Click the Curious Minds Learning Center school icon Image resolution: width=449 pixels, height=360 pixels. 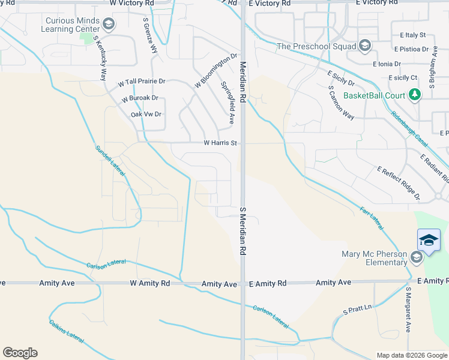(109, 25)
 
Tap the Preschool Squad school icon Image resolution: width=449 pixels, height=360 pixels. (364, 46)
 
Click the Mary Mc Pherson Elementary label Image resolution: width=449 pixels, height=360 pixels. (375, 258)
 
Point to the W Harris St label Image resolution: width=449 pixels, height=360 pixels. (221, 143)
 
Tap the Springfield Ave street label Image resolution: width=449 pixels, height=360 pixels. (228, 103)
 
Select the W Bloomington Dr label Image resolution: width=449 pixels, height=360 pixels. (215, 71)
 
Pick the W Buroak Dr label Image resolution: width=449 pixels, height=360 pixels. (139, 98)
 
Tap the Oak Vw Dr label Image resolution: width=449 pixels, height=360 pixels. (146, 114)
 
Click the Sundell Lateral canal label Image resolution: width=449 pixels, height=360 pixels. (110, 161)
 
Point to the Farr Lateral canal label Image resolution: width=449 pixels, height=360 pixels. (372, 217)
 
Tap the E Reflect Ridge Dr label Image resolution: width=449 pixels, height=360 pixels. (399, 184)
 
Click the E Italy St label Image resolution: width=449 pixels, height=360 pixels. (410, 35)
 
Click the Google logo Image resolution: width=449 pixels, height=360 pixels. (20, 353)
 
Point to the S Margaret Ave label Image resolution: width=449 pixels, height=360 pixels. (408, 310)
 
